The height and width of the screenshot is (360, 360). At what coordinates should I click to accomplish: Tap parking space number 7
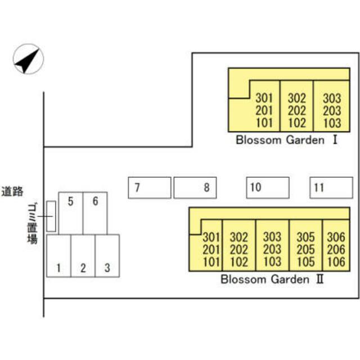[150, 187]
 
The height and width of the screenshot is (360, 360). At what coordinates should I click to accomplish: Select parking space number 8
[196, 187]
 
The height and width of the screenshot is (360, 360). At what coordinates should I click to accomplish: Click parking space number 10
[268, 187]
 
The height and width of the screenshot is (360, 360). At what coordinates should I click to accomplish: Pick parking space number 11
[331, 187]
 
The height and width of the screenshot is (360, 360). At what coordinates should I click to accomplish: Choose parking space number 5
[71, 213]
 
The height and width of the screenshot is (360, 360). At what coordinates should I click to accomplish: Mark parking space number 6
[95, 213]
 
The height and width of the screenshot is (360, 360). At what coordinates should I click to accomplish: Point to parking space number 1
[58, 256]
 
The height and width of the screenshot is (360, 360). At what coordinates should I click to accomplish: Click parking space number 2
[83, 256]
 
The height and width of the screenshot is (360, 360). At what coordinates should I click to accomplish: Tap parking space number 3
[107, 256]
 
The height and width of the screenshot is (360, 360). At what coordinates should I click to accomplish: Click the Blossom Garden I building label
[286, 140]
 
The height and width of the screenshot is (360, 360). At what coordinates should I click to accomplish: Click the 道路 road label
[12, 191]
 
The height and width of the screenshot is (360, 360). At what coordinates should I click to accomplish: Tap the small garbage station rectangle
[51, 215]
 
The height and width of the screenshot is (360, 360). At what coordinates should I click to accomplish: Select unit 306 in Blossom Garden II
[336, 237]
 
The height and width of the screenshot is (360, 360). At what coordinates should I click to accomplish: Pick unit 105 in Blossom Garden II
[305, 261]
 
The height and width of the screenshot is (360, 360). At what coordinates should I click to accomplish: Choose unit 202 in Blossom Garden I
[296, 111]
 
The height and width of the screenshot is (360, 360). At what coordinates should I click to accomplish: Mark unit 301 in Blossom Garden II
[211, 237]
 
